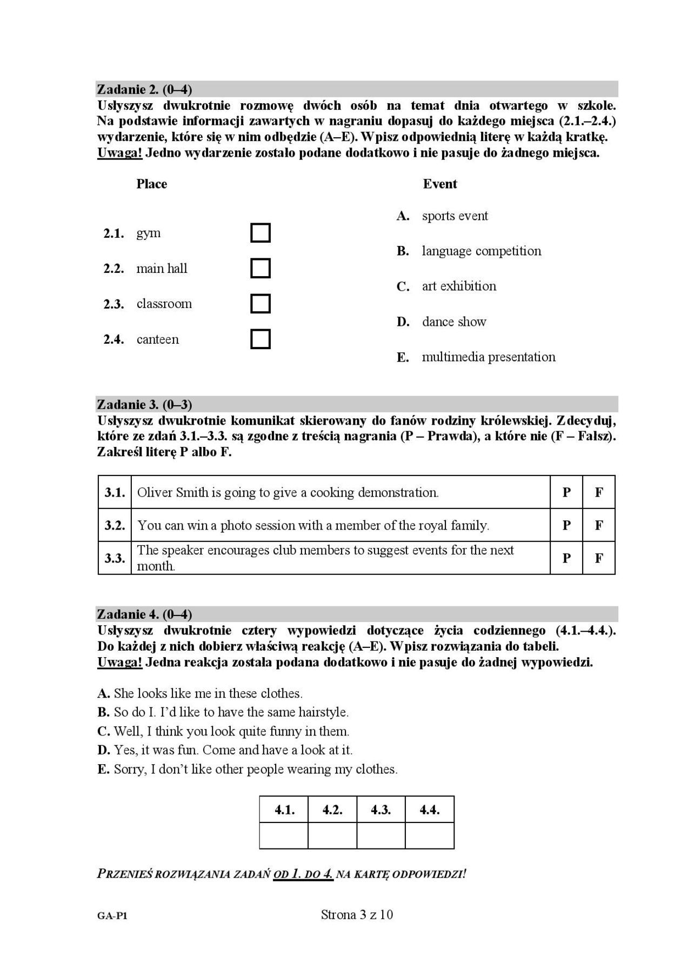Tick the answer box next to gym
(x=261, y=233)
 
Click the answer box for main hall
(x=261, y=268)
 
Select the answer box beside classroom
(x=261, y=304)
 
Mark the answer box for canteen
(x=261, y=339)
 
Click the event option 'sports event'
(x=455, y=216)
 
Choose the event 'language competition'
(x=481, y=251)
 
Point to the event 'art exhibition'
(x=459, y=286)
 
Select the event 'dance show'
(x=454, y=322)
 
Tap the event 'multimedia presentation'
(x=489, y=357)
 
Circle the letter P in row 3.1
(x=566, y=492)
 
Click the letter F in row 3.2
(x=599, y=525)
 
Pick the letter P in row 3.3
(x=566, y=558)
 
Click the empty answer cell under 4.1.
(x=284, y=835)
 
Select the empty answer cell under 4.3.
(x=381, y=835)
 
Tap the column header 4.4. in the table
(x=430, y=810)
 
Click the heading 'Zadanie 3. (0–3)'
(x=144, y=404)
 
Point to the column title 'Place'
(x=151, y=184)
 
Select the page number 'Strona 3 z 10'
(x=357, y=914)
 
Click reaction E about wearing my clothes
(x=248, y=770)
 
